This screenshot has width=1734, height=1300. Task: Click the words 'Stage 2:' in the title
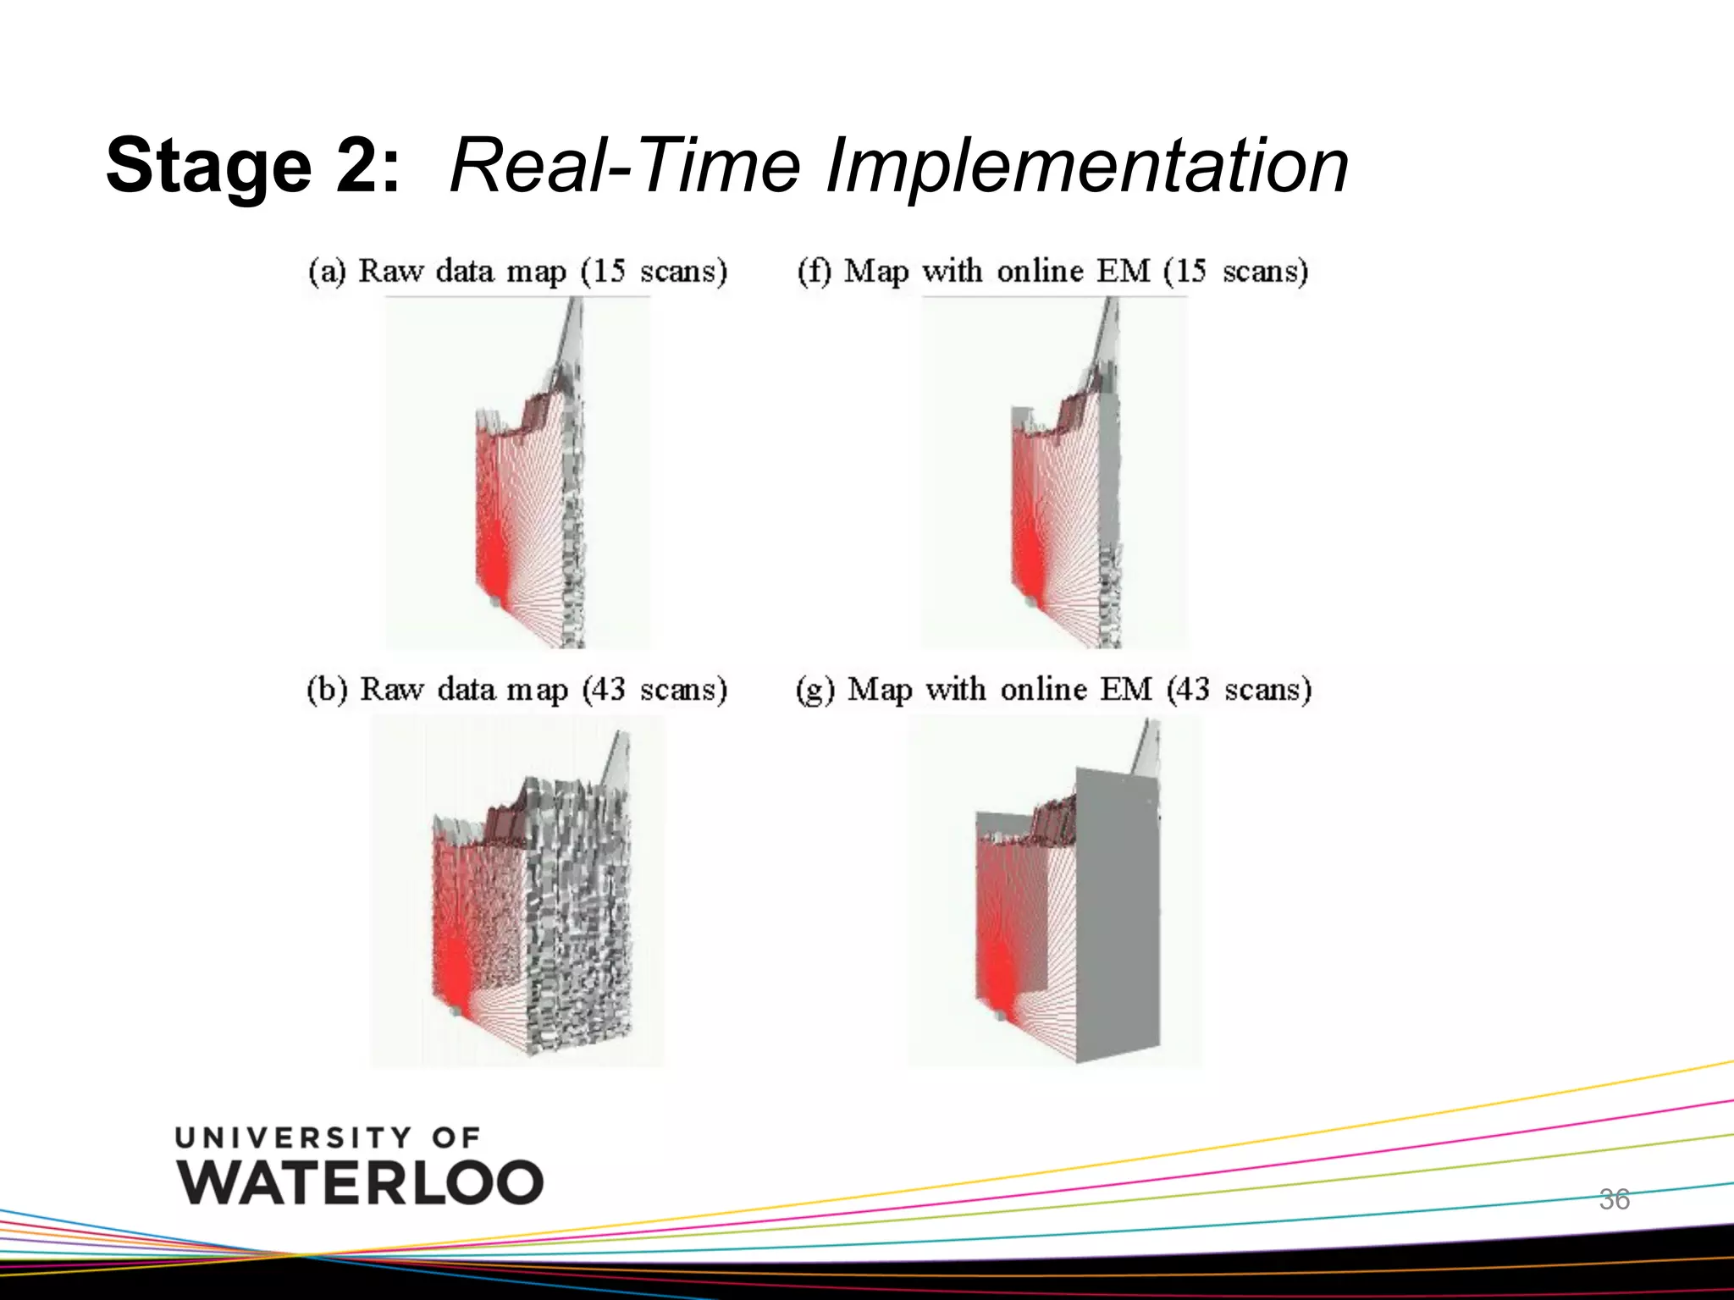click(x=252, y=165)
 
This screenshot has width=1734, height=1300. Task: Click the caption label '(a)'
click(x=327, y=272)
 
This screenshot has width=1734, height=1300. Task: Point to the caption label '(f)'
click(x=815, y=272)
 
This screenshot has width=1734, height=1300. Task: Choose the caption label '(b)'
click(x=327, y=690)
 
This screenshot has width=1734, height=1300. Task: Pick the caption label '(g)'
click(x=815, y=691)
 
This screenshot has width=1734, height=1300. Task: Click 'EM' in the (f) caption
click(x=1124, y=271)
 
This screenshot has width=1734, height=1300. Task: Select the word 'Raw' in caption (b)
click(x=391, y=690)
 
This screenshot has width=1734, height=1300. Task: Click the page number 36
click(x=1614, y=1199)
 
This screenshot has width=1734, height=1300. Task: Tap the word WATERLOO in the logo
click(x=361, y=1182)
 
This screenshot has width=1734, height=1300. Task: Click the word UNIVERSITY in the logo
click(x=293, y=1137)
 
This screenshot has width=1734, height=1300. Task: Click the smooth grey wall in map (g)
click(x=1116, y=914)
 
